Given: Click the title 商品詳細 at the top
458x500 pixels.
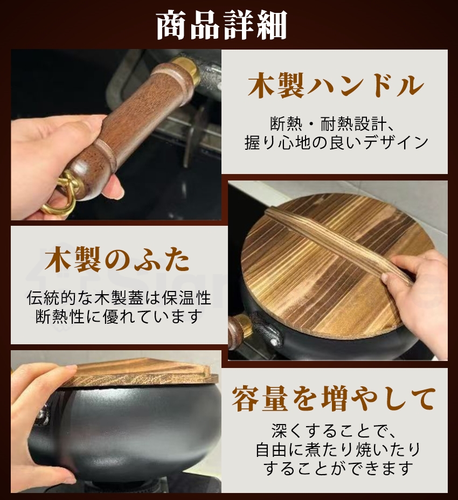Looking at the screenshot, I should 221,25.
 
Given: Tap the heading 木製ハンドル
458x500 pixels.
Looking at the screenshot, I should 335,86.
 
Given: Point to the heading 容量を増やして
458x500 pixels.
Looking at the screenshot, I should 334,399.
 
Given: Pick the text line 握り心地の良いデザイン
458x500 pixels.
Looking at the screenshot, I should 335,143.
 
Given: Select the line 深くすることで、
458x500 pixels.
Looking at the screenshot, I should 335,431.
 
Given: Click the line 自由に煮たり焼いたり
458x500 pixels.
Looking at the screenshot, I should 335,449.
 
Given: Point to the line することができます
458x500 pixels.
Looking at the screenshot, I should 335,467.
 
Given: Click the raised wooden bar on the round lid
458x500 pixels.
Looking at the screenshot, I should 329,242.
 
